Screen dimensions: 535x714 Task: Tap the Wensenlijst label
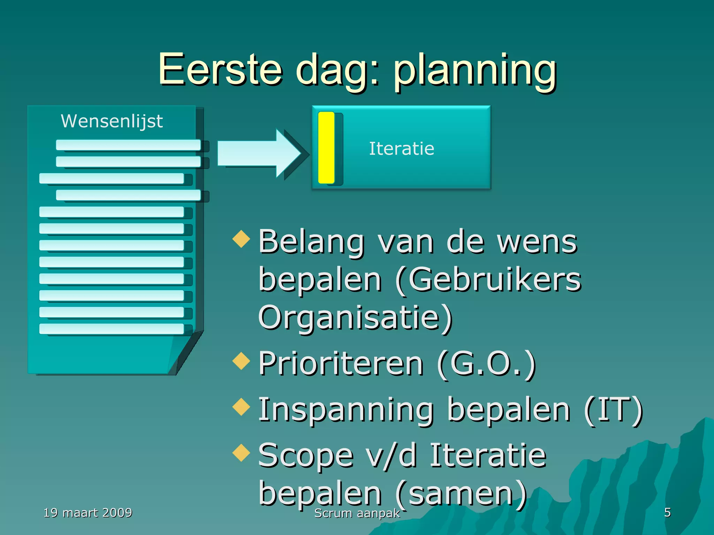(x=112, y=121)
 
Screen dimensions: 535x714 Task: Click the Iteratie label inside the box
(x=402, y=149)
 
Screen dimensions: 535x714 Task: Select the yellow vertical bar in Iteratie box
(x=326, y=148)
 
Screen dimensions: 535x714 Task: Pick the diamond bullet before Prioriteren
(x=241, y=360)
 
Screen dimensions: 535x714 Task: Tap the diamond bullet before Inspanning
(x=241, y=406)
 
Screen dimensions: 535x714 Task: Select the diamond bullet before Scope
(x=241, y=452)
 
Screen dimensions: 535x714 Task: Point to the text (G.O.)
(x=486, y=364)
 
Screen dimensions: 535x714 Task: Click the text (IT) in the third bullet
(x=614, y=410)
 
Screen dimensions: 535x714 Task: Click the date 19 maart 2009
(x=88, y=513)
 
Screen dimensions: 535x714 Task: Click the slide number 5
(x=667, y=512)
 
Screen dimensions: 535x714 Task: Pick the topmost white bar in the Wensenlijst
(x=128, y=145)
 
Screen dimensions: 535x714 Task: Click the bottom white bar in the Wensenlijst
(x=112, y=329)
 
